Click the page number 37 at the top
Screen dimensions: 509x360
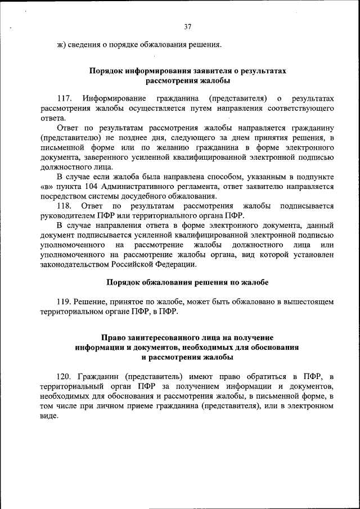pyautogui.click(x=188, y=26)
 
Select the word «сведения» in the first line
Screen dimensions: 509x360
pyautogui.click(x=83, y=44)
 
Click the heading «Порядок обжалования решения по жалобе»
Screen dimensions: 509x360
pyautogui.click(x=187, y=282)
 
